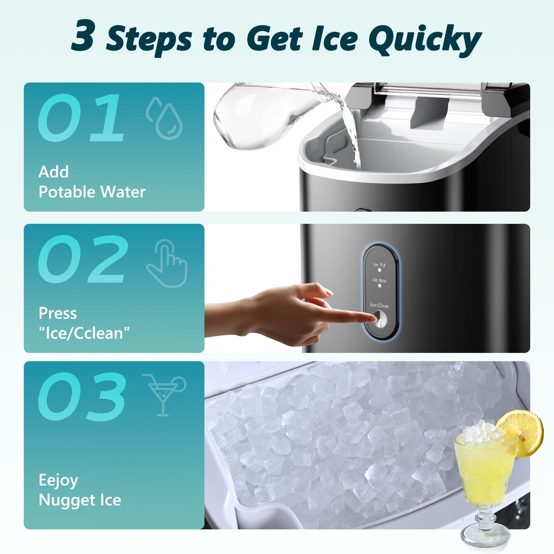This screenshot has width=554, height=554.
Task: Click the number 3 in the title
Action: click(83, 36)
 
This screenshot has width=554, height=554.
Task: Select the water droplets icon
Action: click(165, 118)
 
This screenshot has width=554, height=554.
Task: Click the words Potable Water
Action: click(92, 192)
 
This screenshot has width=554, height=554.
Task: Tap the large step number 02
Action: click(83, 259)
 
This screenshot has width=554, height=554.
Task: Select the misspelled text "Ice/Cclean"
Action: click(84, 333)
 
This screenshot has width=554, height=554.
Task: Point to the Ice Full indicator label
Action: click(379, 265)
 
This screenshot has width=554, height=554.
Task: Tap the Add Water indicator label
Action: click(379, 281)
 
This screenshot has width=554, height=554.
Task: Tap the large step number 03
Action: click(82, 397)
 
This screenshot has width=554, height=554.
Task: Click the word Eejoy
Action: click(58, 480)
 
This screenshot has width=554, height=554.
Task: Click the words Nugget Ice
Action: click(80, 500)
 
